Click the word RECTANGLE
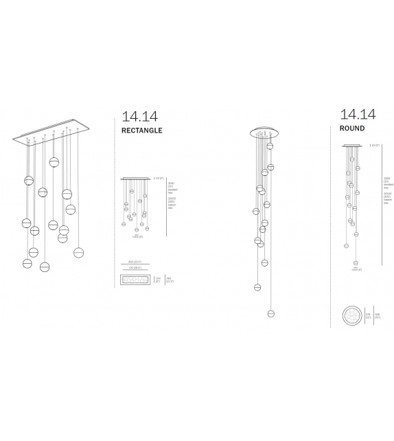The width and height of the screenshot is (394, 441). pos(141,130)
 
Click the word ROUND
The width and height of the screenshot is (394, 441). pos(351,128)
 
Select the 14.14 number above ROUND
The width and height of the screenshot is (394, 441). pos(357,114)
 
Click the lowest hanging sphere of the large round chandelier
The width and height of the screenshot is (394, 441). pos(270,313)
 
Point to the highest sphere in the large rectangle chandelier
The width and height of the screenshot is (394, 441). pos(54,162)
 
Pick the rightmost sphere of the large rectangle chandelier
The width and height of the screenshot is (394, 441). pos(80,251)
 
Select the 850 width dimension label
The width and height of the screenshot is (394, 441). pos(135,262)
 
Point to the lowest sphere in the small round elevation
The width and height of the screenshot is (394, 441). pos(356,262)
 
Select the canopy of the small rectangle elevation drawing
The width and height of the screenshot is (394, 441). pos(136,179)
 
